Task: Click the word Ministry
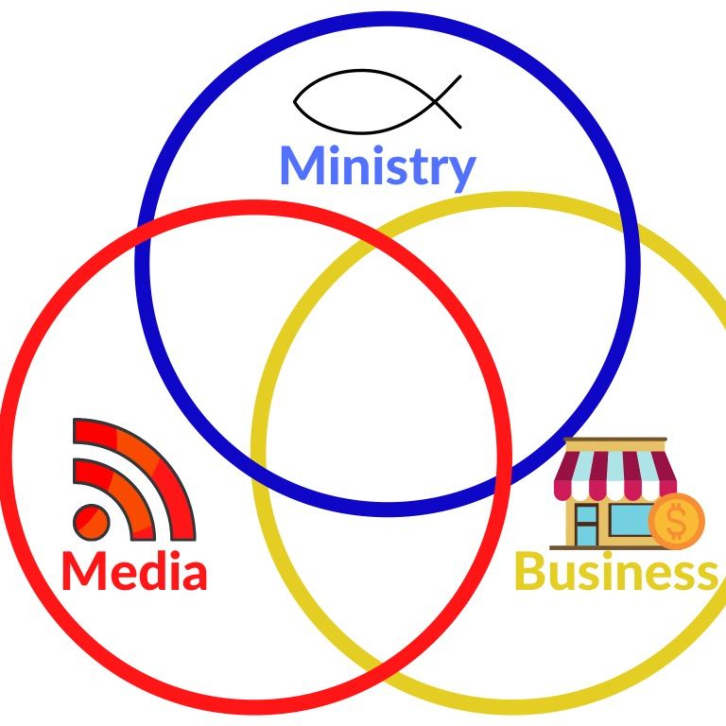pos(378,166)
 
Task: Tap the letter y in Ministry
pos(460,171)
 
